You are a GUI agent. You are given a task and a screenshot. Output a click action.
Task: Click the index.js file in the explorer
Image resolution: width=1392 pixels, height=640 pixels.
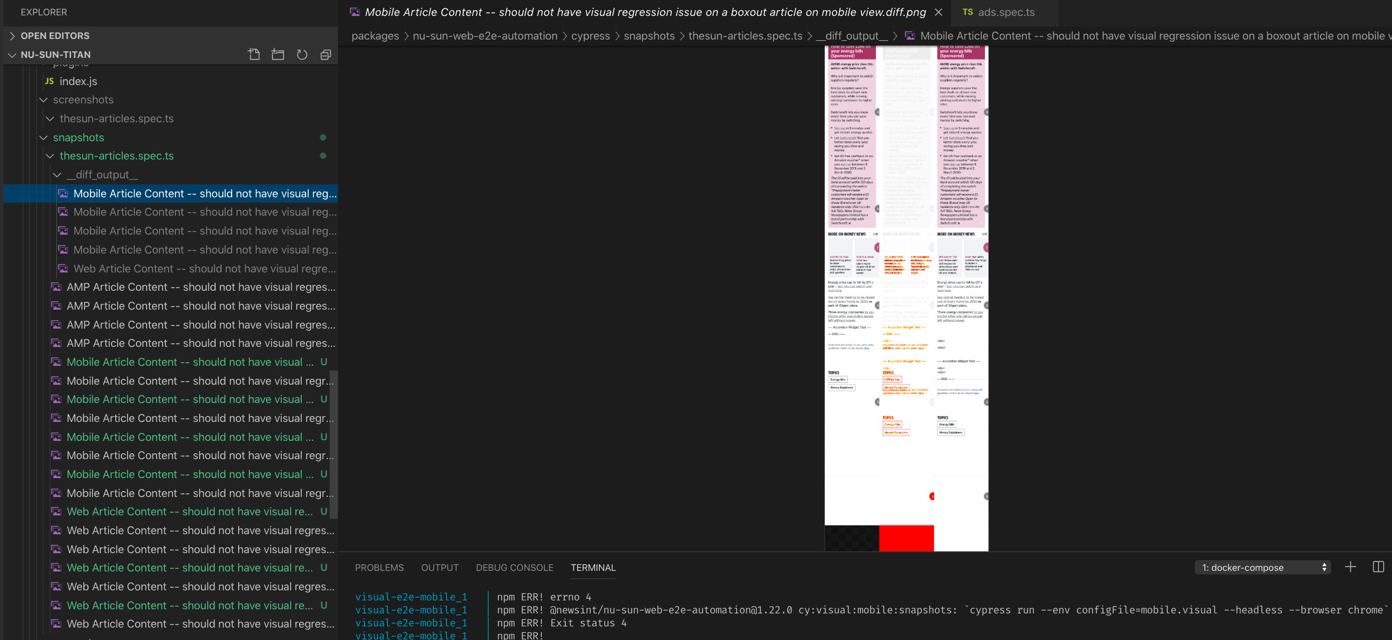[78, 82]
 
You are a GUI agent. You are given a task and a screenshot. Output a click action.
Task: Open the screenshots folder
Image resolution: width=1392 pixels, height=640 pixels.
[83, 100]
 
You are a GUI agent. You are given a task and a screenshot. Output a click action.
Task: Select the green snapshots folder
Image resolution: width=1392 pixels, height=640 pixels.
[79, 138]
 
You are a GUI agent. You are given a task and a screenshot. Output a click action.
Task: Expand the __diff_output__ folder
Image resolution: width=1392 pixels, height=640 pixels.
[102, 175]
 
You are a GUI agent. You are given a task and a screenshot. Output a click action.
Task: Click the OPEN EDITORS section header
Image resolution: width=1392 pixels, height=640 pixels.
[55, 36]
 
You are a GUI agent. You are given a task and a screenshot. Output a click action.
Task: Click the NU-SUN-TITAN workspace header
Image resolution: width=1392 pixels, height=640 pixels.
[56, 55]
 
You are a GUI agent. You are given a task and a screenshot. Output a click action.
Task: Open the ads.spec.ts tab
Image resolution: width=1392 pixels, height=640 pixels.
[1006, 12]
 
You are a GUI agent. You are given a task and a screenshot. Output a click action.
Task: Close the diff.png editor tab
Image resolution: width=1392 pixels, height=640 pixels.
[938, 12]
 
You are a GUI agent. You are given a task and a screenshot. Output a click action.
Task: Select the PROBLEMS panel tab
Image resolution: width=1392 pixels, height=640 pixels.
[379, 568]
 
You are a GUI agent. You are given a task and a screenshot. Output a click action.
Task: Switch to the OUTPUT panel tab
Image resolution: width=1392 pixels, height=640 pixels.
[440, 568]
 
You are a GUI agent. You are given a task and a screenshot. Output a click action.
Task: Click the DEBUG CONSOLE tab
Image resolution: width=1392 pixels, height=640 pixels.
[515, 568]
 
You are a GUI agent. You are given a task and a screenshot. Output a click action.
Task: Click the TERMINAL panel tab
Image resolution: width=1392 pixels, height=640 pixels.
[593, 568]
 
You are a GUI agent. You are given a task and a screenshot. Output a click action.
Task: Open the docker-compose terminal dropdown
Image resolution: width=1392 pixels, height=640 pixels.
[1263, 568]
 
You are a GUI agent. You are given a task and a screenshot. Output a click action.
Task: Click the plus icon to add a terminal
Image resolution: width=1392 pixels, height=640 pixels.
[1351, 567]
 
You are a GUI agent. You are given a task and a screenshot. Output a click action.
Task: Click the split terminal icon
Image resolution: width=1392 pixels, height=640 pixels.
[1378, 567]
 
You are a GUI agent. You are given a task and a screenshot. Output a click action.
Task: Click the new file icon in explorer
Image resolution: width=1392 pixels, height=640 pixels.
[254, 55]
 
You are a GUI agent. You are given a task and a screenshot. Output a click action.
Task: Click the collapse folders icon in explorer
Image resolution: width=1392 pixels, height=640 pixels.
[326, 55]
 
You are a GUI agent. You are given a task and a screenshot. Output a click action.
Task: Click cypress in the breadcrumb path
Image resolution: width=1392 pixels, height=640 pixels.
[590, 36]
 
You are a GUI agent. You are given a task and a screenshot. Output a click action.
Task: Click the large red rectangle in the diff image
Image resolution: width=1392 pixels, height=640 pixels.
[906, 538]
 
